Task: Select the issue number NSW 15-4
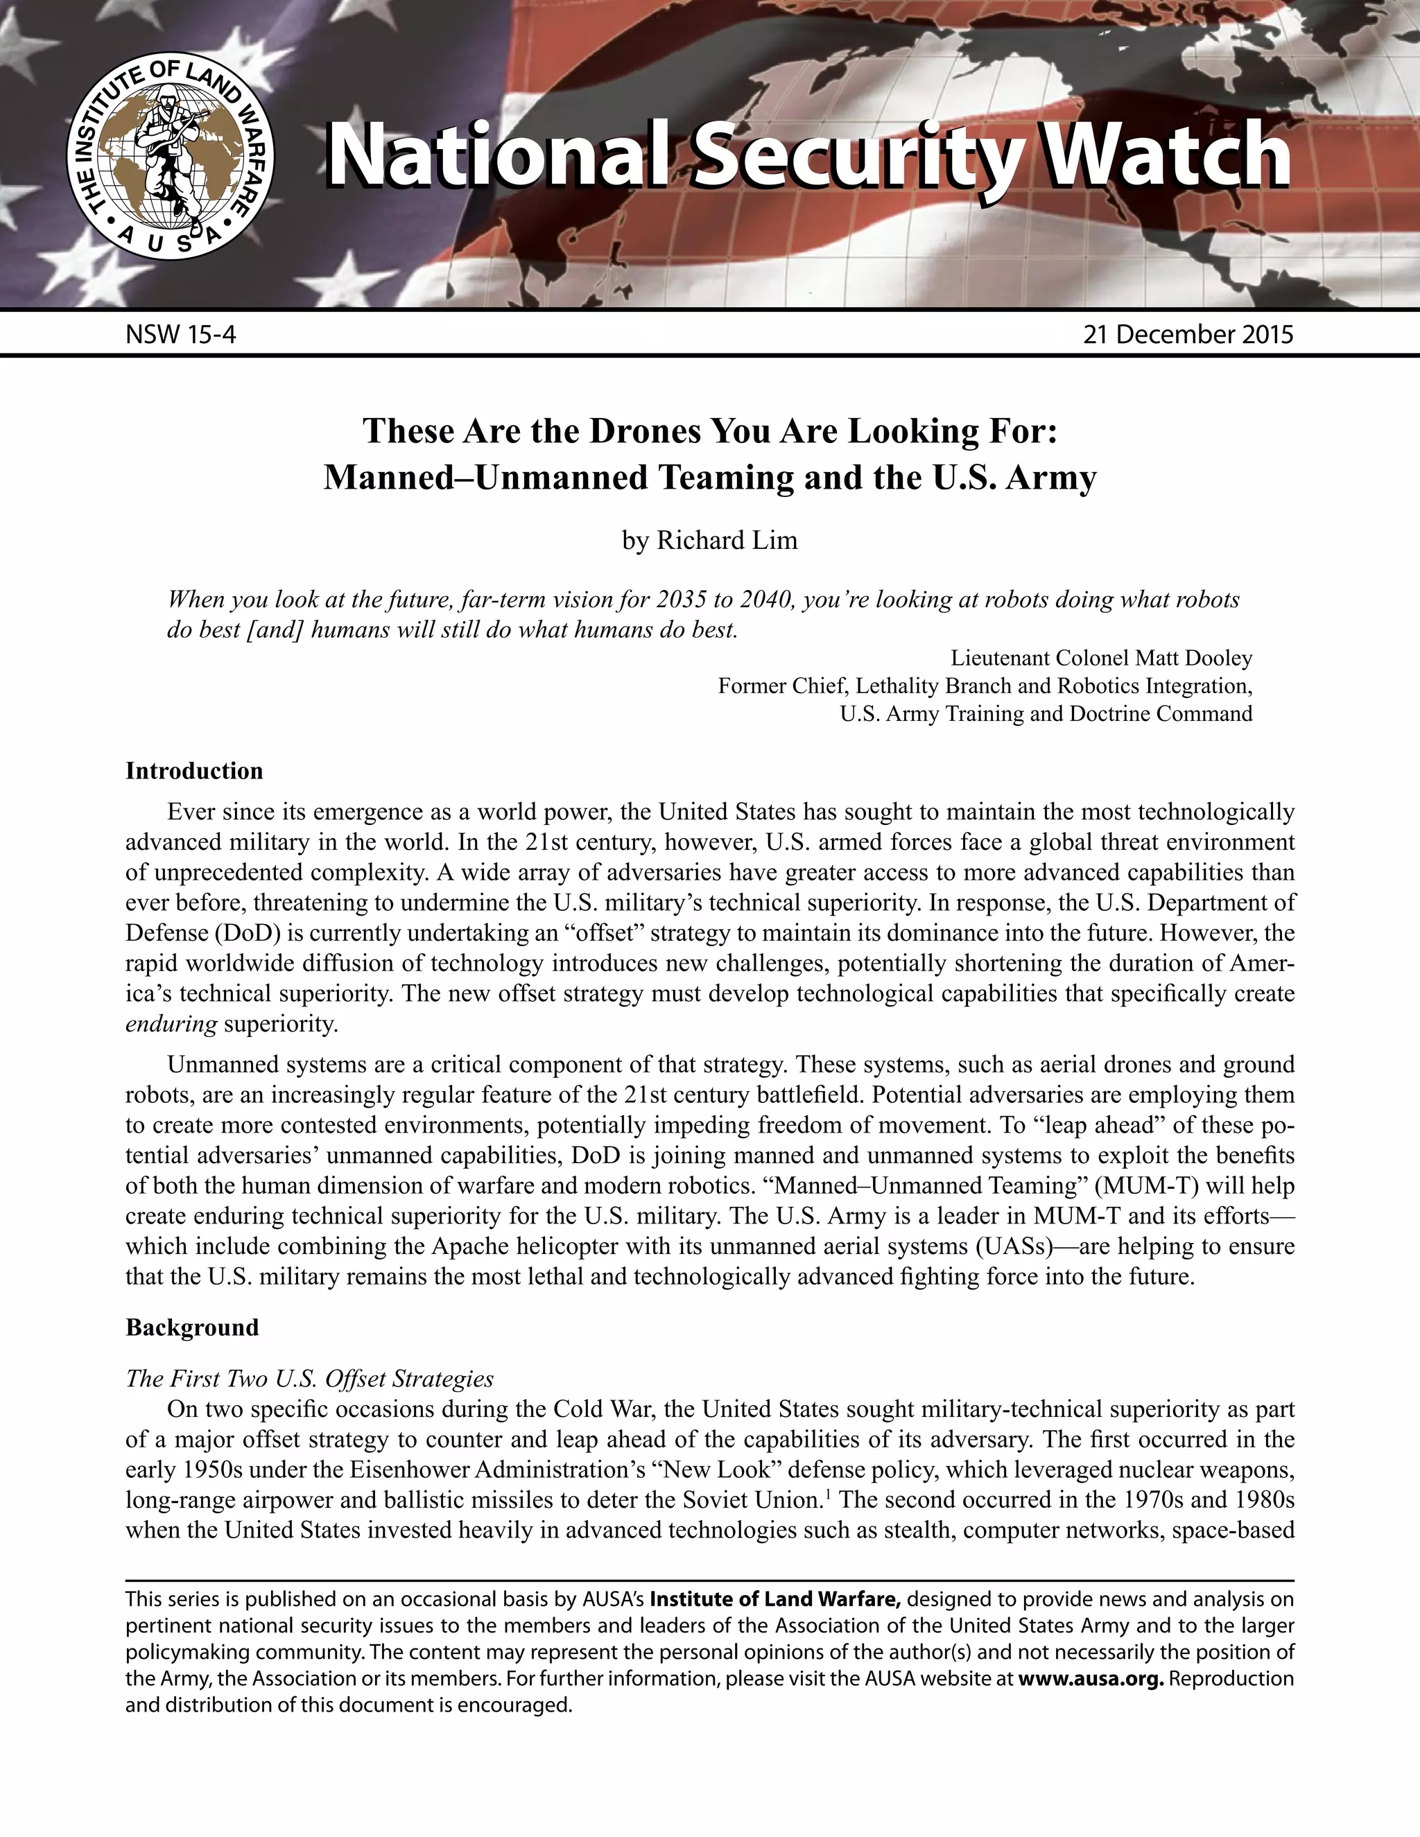pyautogui.click(x=181, y=335)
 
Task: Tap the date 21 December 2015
pyautogui.click(x=1187, y=335)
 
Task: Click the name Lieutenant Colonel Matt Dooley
pyautogui.click(x=1101, y=658)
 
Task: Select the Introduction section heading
pyautogui.click(x=194, y=772)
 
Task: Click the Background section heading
pyautogui.click(x=192, y=1328)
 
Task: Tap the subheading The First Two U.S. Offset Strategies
pyautogui.click(x=309, y=1379)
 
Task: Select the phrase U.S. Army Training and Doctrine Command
pyautogui.click(x=1046, y=715)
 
